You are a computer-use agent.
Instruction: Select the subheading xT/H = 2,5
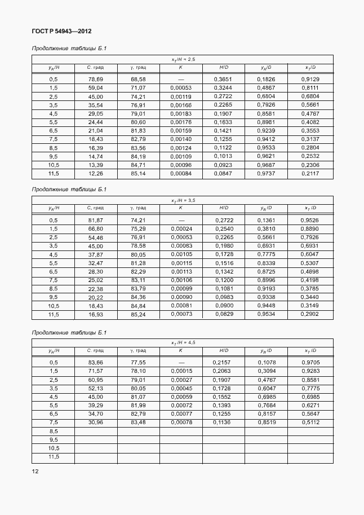point(183,59)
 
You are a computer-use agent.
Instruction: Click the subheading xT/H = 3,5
point(183,200)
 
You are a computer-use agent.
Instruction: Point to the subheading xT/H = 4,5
point(183,342)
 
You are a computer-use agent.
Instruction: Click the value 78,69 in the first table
point(95,80)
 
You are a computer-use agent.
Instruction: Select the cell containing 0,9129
point(310,80)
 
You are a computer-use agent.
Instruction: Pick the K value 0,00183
point(181,113)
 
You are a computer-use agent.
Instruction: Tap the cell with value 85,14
point(138,173)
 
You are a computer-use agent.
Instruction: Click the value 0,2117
point(310,173)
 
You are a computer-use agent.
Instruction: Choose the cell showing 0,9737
point(266,173)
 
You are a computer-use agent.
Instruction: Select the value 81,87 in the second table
point(95,221)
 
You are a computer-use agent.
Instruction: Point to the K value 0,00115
point(181,263)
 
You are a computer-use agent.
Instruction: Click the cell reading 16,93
point(95,314)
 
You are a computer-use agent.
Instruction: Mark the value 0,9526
point(310,221)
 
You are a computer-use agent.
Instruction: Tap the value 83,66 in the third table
point(95,362)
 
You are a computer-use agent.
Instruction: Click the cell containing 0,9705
point(310,362)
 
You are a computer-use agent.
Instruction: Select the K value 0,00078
point(181,422)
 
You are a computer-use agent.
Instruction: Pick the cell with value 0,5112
point(310,422)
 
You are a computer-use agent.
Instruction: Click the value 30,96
point(95,422)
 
